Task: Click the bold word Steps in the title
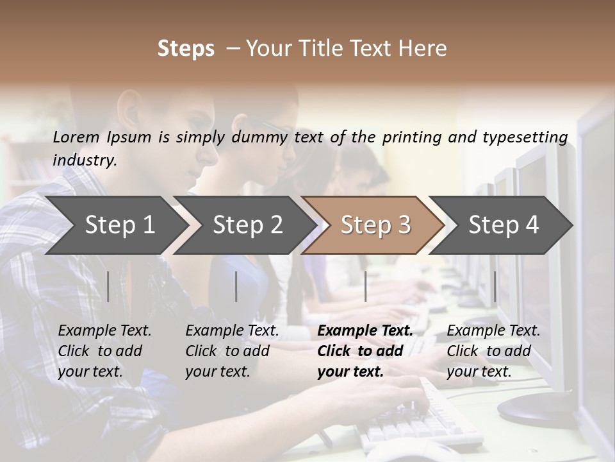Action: [186, 49]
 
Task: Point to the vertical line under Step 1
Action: [108, 286]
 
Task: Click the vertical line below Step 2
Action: [236, 286]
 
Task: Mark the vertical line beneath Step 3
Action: [365, 286]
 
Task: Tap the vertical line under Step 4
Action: [495, 286]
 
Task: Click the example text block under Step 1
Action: [104, 351]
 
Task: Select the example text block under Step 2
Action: [232, 351]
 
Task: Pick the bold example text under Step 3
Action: [365, 351]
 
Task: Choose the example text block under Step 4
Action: [493, 351]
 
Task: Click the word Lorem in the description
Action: [76, 137]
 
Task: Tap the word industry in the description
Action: [84, 160]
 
